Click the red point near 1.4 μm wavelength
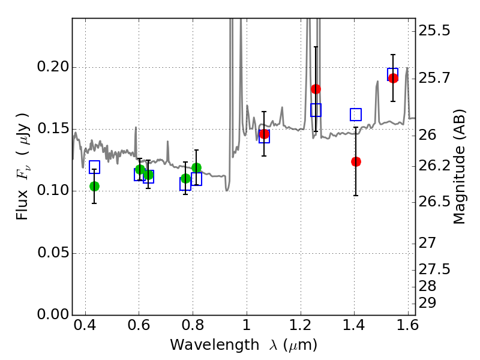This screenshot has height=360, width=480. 356,161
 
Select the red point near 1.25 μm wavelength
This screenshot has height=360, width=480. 316,89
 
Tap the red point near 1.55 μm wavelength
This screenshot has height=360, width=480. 393,78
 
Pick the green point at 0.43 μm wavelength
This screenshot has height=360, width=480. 95,186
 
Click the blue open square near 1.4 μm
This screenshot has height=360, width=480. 356,115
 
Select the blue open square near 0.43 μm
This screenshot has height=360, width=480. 95,167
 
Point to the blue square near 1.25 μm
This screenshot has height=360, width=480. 316,110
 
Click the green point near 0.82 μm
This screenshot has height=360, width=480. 197,168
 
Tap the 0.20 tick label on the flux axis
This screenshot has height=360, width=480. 53,67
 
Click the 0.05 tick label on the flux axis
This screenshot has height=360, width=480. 53,253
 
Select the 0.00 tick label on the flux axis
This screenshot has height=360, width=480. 53,314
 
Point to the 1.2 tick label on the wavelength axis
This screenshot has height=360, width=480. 301,325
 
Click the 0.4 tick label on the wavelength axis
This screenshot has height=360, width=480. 85,325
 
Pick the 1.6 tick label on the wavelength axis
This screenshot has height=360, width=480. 407,325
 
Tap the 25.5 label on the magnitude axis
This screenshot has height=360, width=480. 434,31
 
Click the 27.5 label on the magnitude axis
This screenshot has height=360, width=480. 434,269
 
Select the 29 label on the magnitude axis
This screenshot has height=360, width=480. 427,303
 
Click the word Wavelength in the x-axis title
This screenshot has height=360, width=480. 215,345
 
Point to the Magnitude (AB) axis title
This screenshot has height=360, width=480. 458,167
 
